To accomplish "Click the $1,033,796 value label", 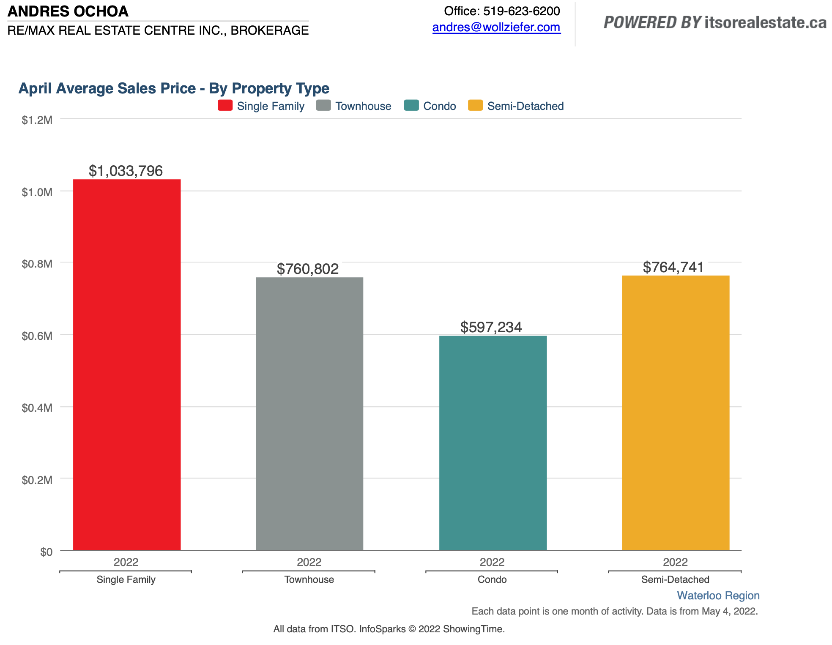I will [x=126, y=171].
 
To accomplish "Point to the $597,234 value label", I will [x=491, y=327].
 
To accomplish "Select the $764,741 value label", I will [x=673, y=267].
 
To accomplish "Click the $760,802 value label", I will [x=308, y=269].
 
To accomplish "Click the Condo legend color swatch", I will [x=411, y=105].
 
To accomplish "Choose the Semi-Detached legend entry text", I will [x=525, y=106].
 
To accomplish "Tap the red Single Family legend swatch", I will [x=225, y=105].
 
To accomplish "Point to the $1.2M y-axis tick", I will [x=37, y=120].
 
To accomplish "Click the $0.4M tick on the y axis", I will [x=37, y=408].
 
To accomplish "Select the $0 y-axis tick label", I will [x=46, y=552].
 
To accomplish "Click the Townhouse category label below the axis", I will [x=309, y=579].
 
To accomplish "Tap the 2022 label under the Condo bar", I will [x=492, y=562].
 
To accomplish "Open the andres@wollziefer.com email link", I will [x=496, y=27].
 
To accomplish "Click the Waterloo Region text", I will [x=718, y=596].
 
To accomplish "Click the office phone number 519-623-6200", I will [x=521, y=11].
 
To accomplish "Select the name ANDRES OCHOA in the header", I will [x=68, y=11].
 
